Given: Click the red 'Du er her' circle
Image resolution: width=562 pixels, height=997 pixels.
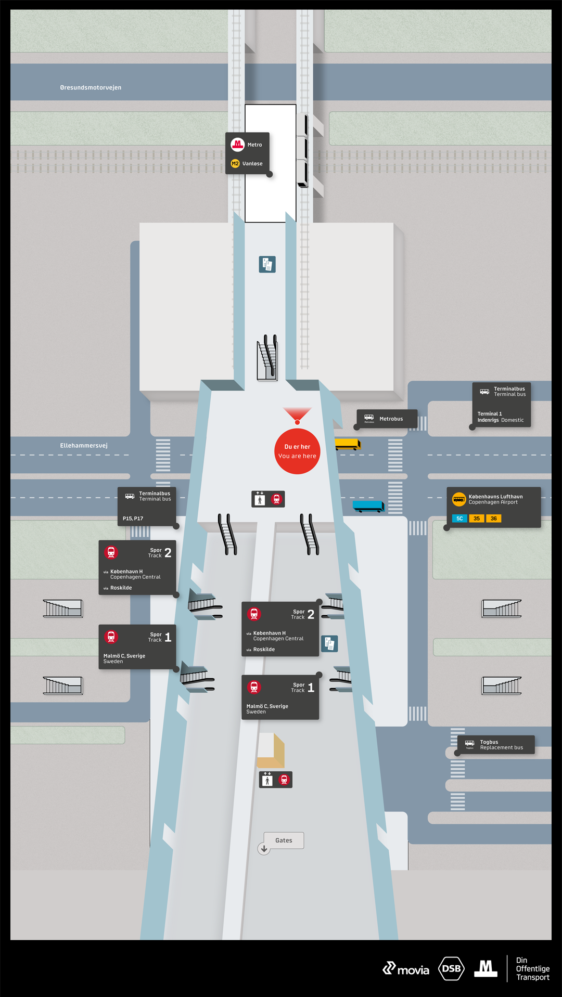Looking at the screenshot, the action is (x=297, y=451).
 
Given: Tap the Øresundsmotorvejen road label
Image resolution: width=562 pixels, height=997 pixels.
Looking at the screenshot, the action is (x=91, y=87).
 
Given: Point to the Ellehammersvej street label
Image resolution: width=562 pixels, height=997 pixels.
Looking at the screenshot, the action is (x=84, y=446).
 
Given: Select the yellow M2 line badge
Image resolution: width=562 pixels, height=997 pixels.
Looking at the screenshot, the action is (x=235, y=163).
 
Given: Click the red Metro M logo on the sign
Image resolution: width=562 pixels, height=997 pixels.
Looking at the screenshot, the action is (x=238, y=144).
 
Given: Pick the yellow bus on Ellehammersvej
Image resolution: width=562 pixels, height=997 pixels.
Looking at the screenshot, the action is (x=347, y=444).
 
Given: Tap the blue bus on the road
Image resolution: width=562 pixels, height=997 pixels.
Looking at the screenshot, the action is (x=368, y=506).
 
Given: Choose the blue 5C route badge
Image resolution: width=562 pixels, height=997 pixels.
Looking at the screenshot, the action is (x=459, y=519).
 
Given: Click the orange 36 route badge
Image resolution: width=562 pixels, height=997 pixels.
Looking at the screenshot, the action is (x=493, y=519).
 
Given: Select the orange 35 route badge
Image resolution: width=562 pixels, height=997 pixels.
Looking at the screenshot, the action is (x=477, y=519).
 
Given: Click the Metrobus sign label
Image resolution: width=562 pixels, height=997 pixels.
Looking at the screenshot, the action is (x=391, y=419).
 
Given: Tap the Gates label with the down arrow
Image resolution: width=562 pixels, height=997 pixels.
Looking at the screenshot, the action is (x=283, y=840).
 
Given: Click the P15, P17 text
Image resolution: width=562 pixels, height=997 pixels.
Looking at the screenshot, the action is (x=133, y=519).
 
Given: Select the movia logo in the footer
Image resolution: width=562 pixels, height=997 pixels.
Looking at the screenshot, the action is (x=406, y=969).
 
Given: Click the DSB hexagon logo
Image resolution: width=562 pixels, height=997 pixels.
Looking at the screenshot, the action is (x=451, y=968).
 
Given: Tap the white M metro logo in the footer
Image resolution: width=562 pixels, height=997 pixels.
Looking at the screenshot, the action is (x=486, y=968).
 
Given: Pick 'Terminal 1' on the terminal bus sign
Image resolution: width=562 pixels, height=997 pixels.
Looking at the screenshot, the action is (x=490, y=414).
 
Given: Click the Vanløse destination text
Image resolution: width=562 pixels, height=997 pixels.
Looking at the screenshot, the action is (x=252, y=164).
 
